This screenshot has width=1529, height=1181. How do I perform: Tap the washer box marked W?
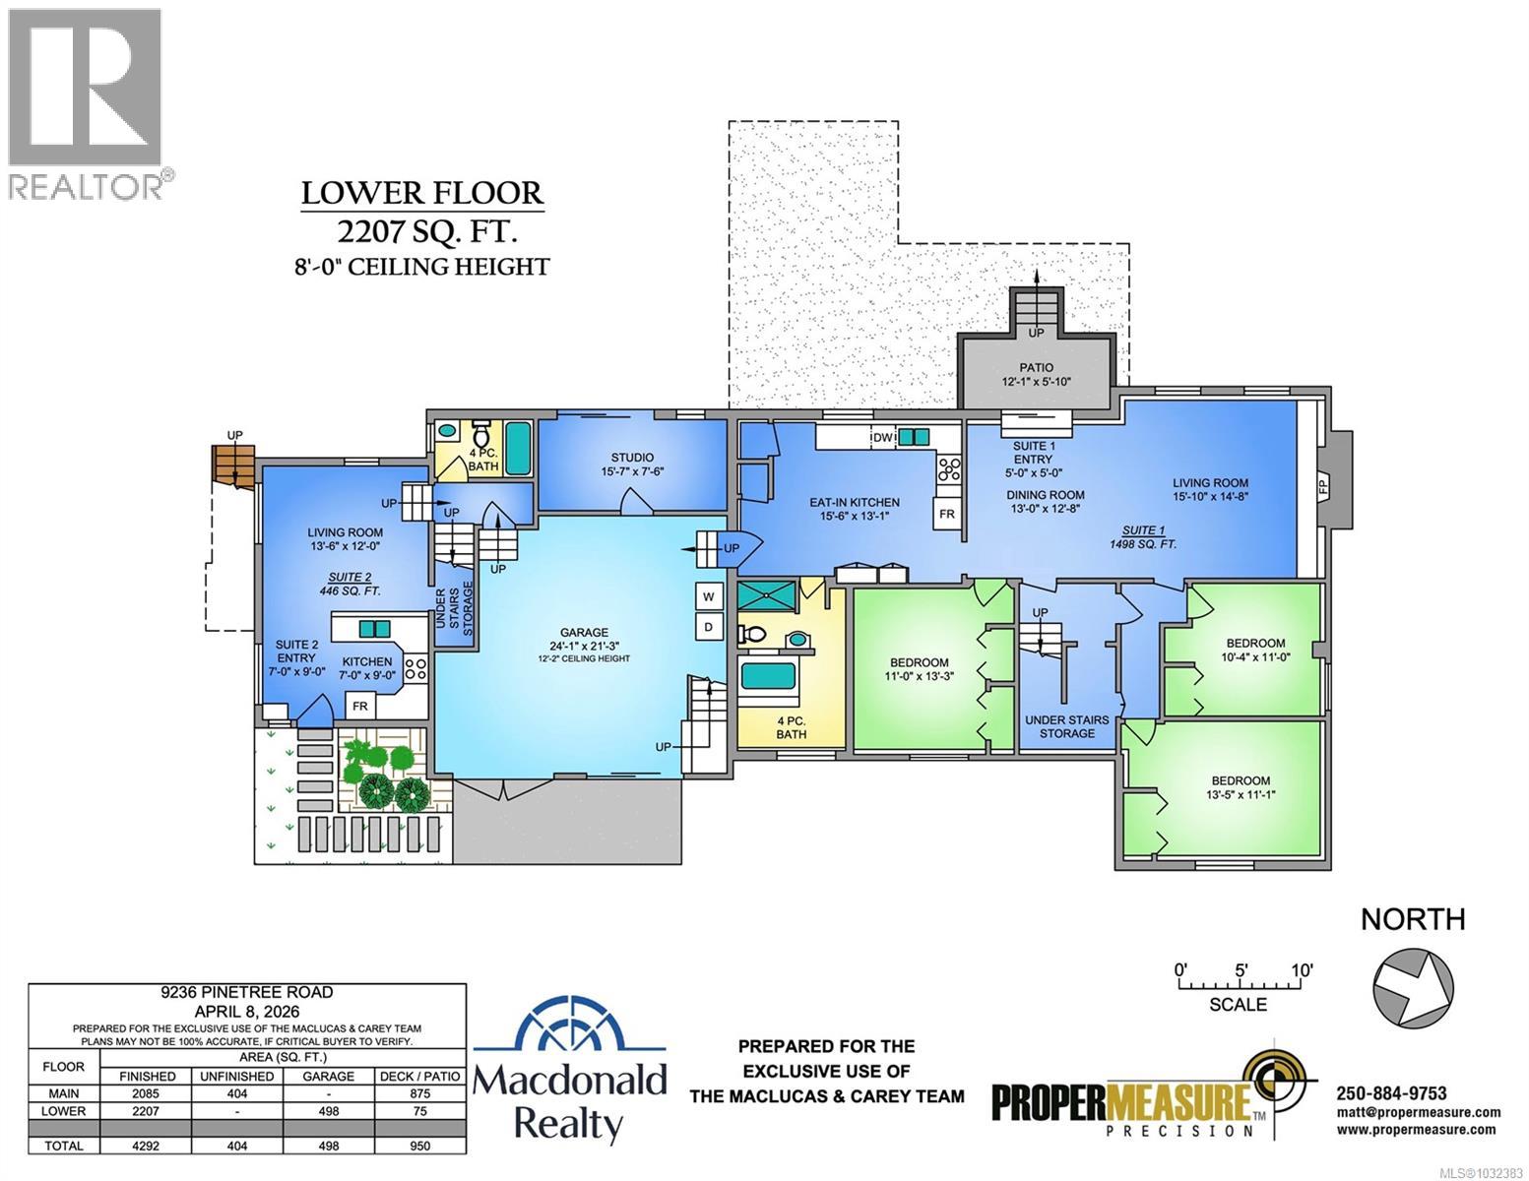point(707,595)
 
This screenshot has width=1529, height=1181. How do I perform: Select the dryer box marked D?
point(707,627)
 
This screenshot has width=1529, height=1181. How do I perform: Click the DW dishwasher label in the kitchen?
point(882,437)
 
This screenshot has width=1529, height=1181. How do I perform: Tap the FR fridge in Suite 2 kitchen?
point(360,707)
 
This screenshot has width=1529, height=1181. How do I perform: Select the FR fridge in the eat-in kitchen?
point(946,514)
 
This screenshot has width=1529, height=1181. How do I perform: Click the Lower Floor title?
point(421,193)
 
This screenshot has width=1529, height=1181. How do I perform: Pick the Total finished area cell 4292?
point(148,1146)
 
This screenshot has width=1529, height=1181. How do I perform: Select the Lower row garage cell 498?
point(328,1111)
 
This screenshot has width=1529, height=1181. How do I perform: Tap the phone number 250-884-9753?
point(1391,1093)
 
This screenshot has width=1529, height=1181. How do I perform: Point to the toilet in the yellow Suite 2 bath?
point(481,435)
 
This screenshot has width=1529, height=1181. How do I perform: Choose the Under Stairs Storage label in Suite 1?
point(1066,726)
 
